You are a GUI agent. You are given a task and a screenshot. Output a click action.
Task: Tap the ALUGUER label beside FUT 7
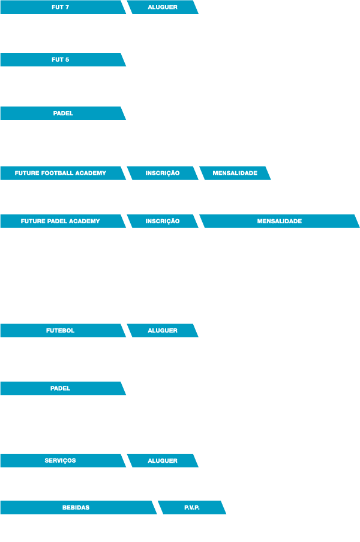163,7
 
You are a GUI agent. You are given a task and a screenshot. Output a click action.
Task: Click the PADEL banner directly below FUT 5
63,113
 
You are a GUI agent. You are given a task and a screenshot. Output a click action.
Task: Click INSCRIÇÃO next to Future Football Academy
163,173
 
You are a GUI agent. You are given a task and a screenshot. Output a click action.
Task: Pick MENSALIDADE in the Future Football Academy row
235,173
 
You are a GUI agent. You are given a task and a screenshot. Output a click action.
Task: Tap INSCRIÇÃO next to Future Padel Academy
163,221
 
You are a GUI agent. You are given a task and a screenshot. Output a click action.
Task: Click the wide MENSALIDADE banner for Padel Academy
280,221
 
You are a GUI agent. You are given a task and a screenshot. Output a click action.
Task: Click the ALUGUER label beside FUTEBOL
163,331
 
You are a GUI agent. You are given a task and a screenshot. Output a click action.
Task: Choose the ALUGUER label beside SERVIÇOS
163,460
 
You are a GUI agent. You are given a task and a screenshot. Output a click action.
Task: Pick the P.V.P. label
192,507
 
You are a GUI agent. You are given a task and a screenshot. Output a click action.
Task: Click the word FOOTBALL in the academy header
57,173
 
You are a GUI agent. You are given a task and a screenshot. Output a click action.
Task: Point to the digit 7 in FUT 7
67,7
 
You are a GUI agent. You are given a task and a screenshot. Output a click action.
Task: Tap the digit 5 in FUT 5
67,59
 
